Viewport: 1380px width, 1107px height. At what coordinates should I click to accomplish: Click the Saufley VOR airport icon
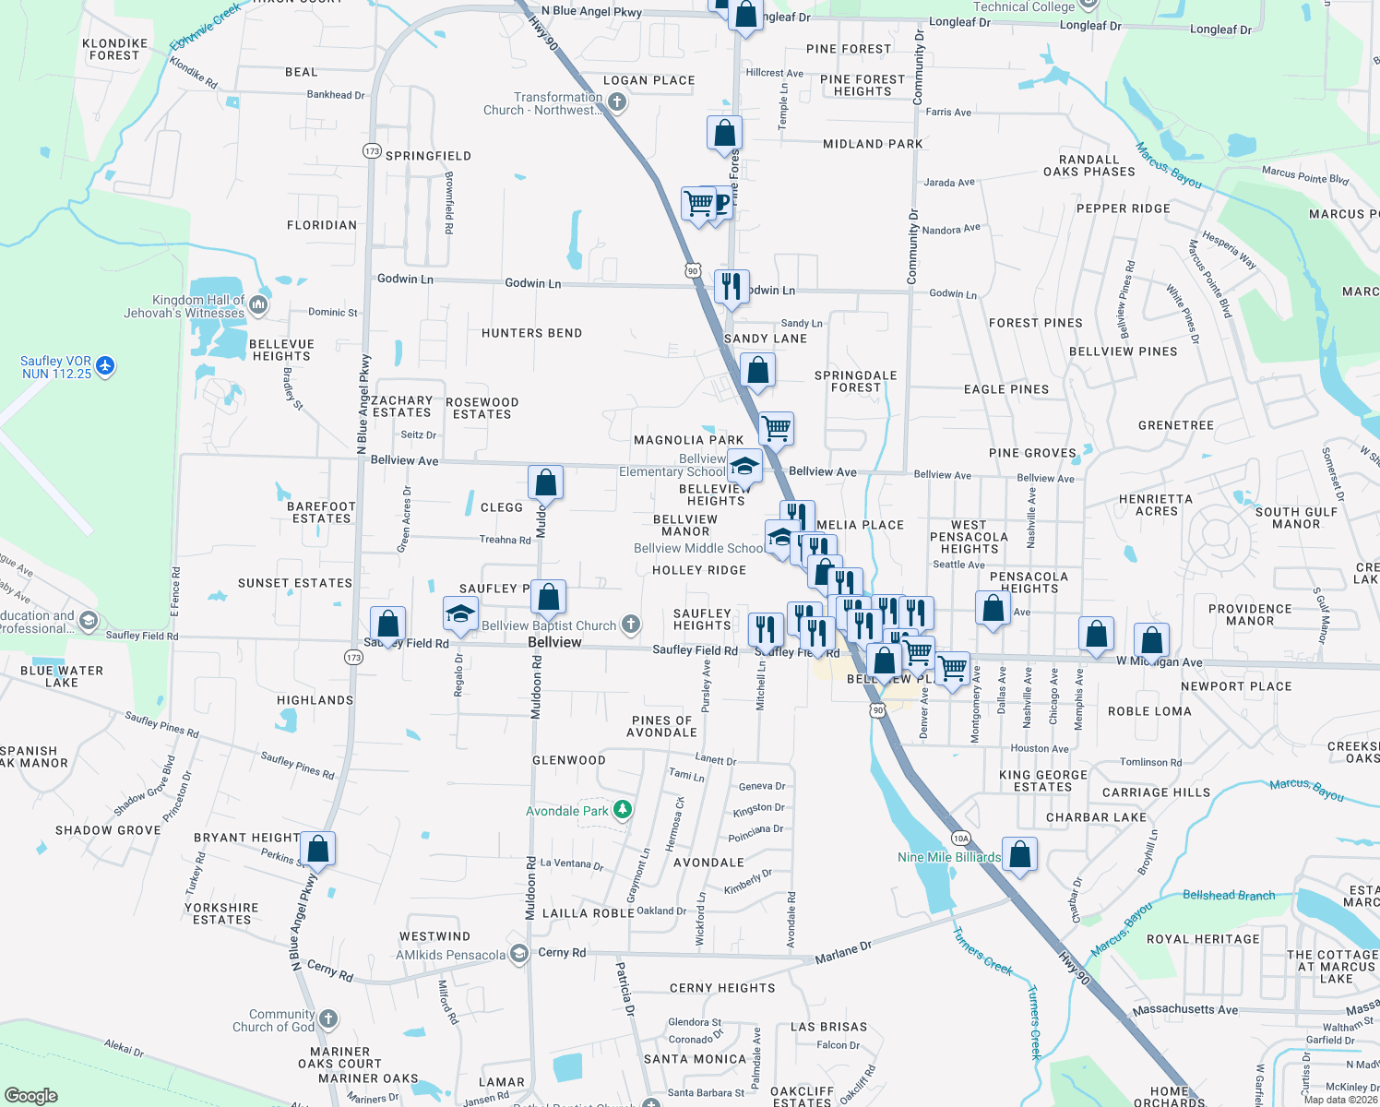[105, 366]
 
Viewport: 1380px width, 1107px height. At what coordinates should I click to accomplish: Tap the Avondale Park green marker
[623, 810]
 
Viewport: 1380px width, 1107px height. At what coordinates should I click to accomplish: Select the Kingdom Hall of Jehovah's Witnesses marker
[258, 304]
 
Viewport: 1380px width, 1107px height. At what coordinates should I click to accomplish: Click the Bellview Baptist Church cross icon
[631, 625]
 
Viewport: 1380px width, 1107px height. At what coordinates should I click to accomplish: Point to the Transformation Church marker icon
[617, 102]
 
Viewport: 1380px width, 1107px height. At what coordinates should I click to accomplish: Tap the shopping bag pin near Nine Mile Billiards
[1019, 853]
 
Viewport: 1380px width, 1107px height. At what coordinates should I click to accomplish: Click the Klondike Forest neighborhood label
[114, 50]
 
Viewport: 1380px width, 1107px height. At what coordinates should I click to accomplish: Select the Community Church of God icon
[328, 1019]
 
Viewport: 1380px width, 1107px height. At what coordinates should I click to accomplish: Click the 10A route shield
[961, 839]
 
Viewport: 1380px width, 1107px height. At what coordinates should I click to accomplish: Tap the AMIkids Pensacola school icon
[518, 954]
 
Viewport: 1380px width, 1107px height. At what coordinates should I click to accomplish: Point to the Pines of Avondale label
[661, 727]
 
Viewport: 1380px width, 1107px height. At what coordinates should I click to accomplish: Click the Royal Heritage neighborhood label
[1203, 939]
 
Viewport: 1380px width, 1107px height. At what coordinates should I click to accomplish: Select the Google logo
[31, 1096]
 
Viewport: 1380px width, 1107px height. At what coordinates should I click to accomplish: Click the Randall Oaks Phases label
[1089, 166]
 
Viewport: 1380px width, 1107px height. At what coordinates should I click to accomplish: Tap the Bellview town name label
[554, 642]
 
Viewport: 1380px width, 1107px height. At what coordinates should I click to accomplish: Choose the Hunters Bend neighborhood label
[531, 333]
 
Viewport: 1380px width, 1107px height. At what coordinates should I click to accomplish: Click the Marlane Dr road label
[842, 953]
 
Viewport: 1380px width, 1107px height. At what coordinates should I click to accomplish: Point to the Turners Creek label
[982, 950]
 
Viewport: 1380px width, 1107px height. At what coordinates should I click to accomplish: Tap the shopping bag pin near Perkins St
[317, 849]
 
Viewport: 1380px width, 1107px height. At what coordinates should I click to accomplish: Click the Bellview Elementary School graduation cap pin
[744, 466]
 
